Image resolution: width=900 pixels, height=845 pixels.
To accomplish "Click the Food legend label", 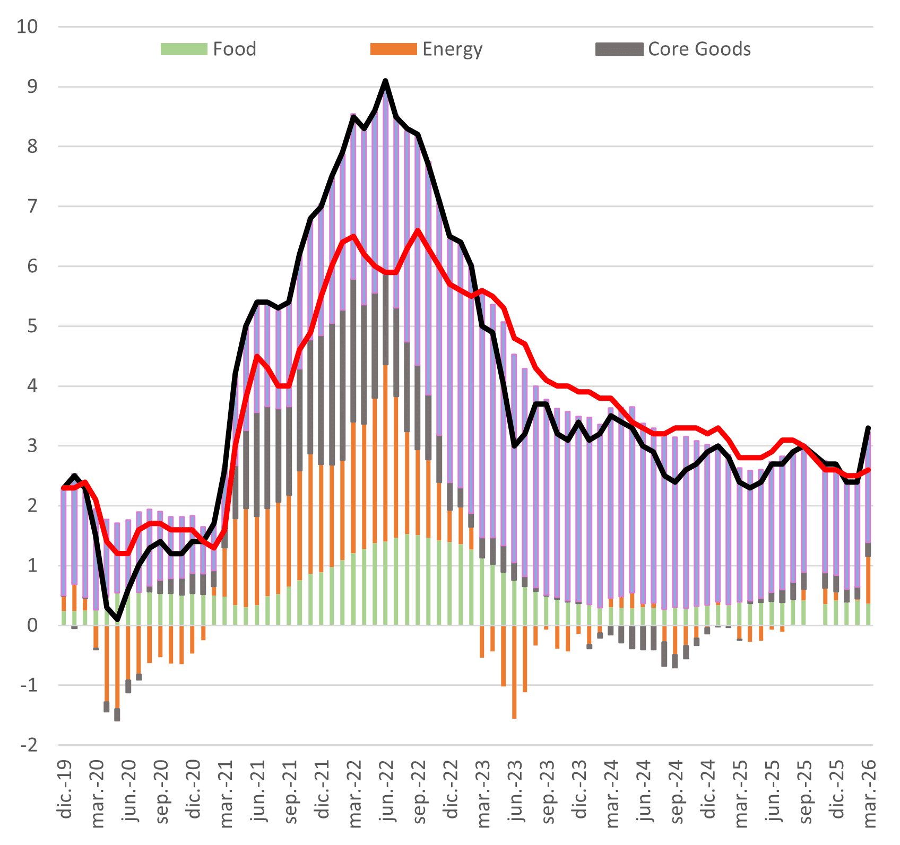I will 235,49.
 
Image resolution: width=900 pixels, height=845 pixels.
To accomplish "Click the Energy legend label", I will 452,49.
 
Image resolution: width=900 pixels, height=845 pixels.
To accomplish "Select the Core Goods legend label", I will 699,49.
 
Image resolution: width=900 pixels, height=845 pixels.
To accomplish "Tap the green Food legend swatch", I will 184,49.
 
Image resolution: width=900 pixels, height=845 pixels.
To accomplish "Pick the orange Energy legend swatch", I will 393,49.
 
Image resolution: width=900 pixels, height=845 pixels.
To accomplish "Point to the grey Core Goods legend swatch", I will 619,49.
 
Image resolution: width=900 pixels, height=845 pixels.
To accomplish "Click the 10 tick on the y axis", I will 27,27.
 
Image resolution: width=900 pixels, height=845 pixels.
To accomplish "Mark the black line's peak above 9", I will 385,81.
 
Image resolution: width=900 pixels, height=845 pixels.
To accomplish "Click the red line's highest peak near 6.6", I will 418,230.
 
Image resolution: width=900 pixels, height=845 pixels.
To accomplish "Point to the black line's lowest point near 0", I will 117,619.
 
